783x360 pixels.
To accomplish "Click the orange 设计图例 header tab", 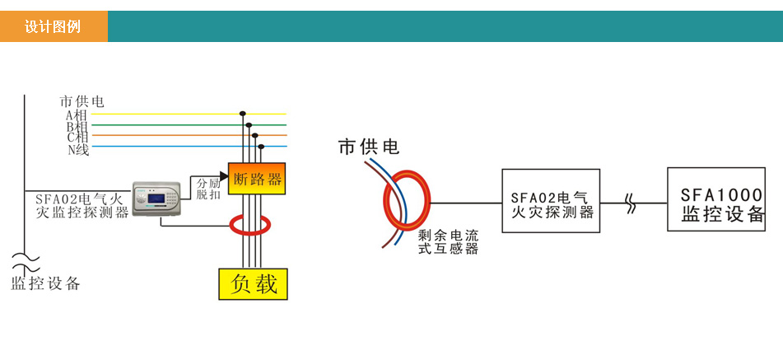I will (54, 26).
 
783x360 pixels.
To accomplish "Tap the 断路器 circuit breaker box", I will (257, 179).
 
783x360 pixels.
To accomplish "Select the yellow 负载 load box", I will (253, 284).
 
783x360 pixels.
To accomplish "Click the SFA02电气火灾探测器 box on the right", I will (552, 202).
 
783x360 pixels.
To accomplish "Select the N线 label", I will (78, 149).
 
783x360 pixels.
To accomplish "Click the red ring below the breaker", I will (252, 223).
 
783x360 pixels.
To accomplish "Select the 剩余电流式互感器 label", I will (448, 241).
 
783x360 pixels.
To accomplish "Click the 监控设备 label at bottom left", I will (46, 284).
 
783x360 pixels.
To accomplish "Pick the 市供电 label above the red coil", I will (368, 147).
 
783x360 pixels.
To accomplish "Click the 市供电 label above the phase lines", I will (82, 101).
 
